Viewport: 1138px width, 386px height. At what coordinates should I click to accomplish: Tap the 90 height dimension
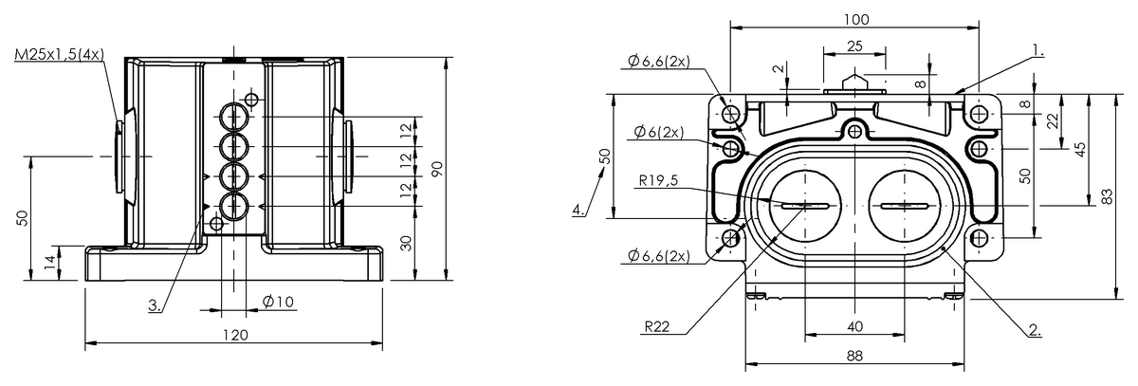437,168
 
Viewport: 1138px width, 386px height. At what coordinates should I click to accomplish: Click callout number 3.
154,305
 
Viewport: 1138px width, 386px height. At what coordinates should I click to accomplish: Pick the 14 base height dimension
49,263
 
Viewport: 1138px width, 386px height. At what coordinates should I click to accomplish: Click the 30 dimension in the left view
406,243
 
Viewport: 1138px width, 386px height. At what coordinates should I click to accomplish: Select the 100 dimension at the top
854,20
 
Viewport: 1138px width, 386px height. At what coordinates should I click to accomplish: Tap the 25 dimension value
853,46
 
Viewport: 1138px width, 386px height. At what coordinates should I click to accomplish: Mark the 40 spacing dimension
854,326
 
